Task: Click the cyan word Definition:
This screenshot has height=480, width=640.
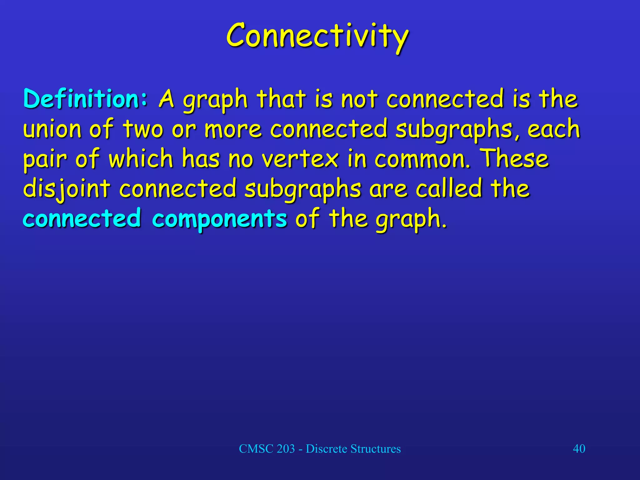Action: pyautogui.click(x=85, y=99)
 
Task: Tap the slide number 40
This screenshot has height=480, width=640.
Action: pyautogui.click(x=579, y=449)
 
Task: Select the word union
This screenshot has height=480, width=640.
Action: pyautogui.click(x=52, y=129)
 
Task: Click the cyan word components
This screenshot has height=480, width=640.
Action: pyautogui.click(x=219, y=219)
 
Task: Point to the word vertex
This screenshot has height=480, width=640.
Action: pyautogui.click(x=300, y=159)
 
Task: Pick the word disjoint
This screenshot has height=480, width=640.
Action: pyautogui.click(x=67, y=189)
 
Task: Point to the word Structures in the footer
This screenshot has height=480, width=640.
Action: pyautogui.click(x=375, y=449)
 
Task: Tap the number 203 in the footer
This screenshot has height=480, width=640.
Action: pyautogui.click(x=286, y=449)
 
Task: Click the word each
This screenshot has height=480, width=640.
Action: pyautogui.click(x=553, y=129)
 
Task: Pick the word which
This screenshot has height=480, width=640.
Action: pyautogui.click(x=141, y=159)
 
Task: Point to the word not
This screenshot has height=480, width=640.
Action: pyautogui.click(x=359, y=99)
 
